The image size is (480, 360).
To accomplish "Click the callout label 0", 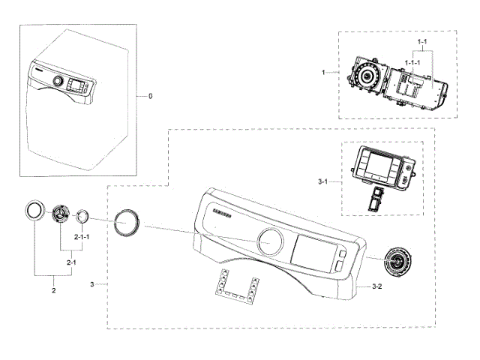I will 150,97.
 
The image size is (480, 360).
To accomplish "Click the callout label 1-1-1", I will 412,63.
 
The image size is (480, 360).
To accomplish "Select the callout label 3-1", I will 322,181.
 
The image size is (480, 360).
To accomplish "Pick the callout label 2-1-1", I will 82,236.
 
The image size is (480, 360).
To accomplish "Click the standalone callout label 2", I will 53,289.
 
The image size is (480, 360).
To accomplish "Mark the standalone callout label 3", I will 91,285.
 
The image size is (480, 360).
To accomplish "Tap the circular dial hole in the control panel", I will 271,241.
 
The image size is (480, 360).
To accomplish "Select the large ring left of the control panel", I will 124,223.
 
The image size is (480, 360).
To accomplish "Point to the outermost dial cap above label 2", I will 34,211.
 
